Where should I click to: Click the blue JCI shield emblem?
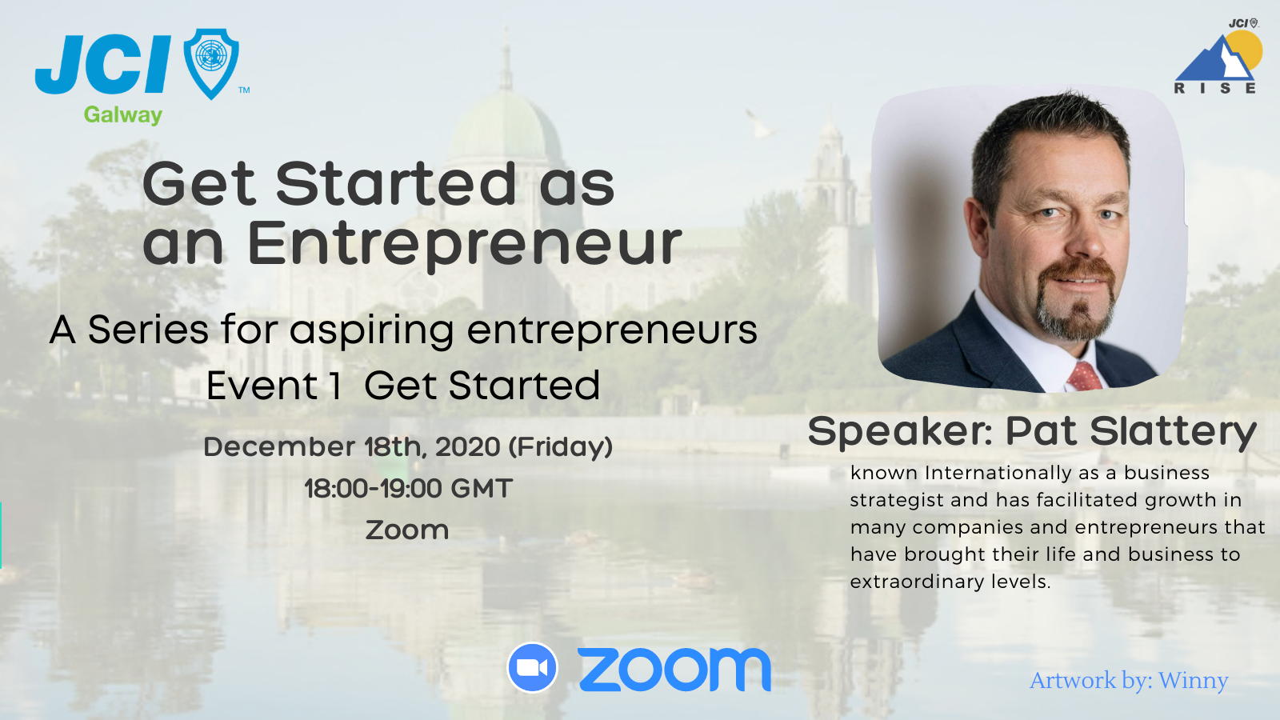[x=211, y=62]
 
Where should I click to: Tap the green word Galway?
[x=123, y=115]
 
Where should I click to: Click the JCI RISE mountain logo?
[x=1218, y=59]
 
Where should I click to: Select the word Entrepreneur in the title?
[x=464, y=243]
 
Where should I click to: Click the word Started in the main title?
[x=396, y=184]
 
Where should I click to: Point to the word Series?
[x=148, y=330]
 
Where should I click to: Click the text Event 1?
[x=274, y=386]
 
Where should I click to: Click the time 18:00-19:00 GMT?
[x=408, y=488]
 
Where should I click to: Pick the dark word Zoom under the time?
[x=407, y=530]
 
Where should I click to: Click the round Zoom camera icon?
[x=532, y=667]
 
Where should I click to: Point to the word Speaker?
[x=900, y=432]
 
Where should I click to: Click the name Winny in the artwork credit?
[x=1193, y=680]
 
